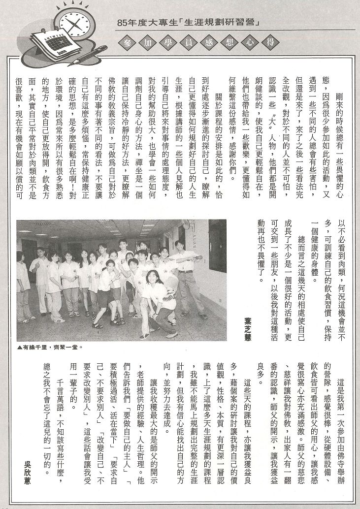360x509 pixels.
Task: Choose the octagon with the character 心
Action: pos(240,42)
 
